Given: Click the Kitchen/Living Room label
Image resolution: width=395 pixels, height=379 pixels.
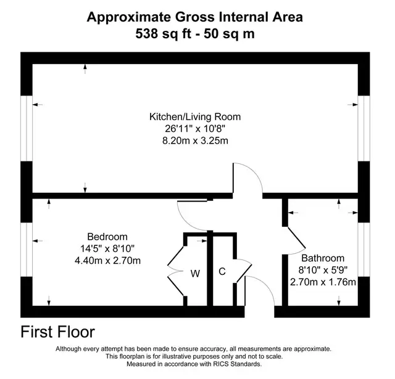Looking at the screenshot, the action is point(195,117).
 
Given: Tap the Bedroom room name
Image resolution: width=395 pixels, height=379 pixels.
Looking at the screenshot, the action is point(107,237).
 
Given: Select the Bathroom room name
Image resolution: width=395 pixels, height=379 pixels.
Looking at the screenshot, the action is point(323,258).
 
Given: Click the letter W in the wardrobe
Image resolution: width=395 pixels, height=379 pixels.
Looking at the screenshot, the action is point(195,274).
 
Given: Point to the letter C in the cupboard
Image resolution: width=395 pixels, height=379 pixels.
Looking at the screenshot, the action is point(222,271).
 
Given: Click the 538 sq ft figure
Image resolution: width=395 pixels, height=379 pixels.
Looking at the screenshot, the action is point(163,33).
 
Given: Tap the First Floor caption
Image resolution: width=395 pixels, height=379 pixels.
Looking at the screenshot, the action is point(57,332).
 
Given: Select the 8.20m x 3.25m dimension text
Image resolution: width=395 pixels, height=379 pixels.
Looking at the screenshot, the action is point(195,141).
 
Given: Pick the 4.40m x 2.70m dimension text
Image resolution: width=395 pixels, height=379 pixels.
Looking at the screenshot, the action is point(107,261).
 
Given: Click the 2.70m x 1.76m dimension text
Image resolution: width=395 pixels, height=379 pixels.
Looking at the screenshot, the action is point(323,282).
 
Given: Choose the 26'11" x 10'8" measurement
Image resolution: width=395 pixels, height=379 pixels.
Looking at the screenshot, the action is point(195,129).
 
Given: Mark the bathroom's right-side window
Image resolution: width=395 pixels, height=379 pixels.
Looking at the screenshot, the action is point(364,250).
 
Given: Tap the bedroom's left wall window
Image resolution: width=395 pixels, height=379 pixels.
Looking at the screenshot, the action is point(27,250).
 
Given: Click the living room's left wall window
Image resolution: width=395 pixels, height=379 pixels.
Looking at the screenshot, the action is point(27,128).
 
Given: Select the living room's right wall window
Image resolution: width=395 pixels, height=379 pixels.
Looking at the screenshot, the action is point(364,128).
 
